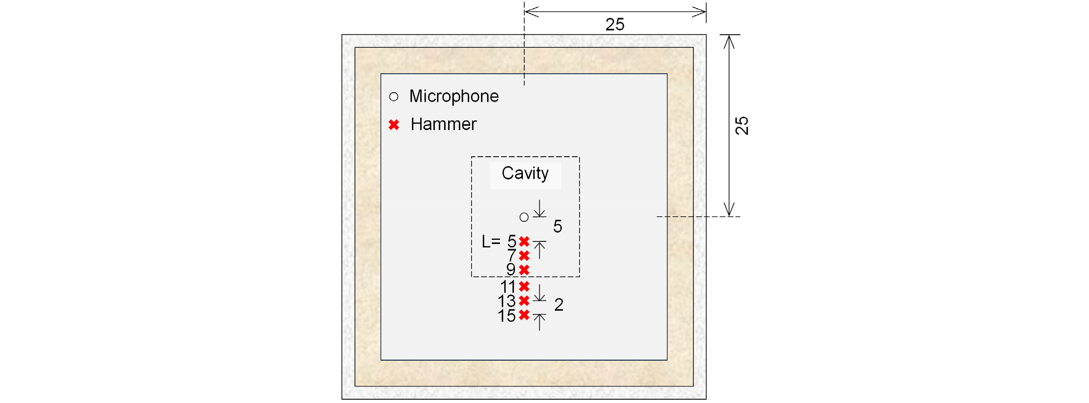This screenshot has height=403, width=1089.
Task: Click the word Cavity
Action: pyautogui.click(x=525, y=174)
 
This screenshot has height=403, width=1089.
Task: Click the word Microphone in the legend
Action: pyautogui.click(x=454, y=96)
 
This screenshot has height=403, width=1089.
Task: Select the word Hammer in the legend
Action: pyautogui.click(x=443, y=124)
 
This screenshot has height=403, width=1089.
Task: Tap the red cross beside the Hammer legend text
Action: pyautogui.click(x=394, y=125)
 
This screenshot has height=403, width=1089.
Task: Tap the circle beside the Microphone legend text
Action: pyautogui.click(x=394, y=97)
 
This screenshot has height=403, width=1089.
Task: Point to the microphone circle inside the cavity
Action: pyautogui.click(x=524, y=217)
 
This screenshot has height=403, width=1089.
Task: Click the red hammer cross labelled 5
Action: pyautogui.click(x=524, y=241)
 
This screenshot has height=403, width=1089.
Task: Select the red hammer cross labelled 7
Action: pyautogui.click(x=524, y=255)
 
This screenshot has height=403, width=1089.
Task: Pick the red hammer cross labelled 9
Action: pyautogui.click(x=524, y=270)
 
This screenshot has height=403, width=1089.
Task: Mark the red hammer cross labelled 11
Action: pyautogui.click(x=524, y=286)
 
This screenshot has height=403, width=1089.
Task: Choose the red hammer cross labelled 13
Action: pyautogui.click(x=524, y=300)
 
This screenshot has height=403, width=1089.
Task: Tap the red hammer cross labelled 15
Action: pyautogui.click(x=524, y=315)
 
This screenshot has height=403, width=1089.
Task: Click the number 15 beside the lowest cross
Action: pyautogui.click(x=507, y=316)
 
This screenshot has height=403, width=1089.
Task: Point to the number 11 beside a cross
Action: pyautogui.click(x=508, y=287)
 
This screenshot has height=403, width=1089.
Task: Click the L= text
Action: pyautogui.click(x=491, y=241)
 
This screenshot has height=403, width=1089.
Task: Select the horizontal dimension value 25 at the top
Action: pyautogui.click(x=615, y=24)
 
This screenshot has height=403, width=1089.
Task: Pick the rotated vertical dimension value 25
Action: pyautogui.click(x=742, y=126)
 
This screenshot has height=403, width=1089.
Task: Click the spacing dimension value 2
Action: pyautogui.click(x=559, y=305)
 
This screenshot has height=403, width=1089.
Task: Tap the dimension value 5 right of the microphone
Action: pyautogui.click(x=558, y=226)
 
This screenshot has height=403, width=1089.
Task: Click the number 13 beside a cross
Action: pyautogui.click(x=507, y=302)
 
